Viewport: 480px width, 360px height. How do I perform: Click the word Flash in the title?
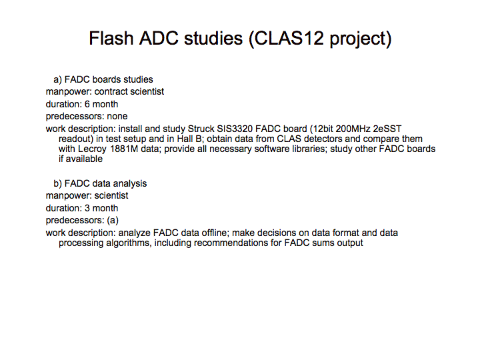coord(111,38)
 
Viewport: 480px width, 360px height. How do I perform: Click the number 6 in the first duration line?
coord(87,104)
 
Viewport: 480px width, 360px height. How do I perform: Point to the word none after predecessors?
coord(117,116)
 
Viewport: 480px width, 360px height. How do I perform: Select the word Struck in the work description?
coord(201,129)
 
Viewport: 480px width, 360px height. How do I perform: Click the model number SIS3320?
coord(235,129)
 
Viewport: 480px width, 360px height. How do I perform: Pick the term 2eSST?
coord(387,129)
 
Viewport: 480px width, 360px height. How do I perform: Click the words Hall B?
coord(189,139)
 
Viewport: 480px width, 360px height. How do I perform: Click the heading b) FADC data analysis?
coord(100,184)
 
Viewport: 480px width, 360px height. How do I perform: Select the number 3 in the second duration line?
coord(87,208)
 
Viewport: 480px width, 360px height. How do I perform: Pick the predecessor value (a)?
coord(113,221)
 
